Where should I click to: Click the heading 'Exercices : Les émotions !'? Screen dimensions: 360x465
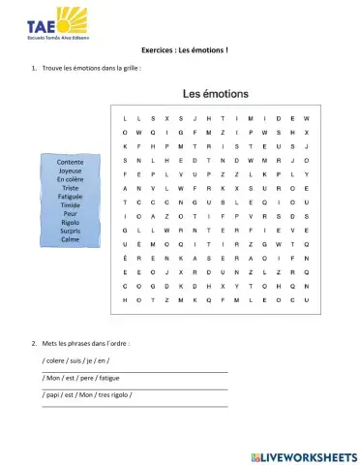click(179, 50)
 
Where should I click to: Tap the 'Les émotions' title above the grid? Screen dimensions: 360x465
click(215, 94)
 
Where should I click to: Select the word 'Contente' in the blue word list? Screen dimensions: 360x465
click(70, 161)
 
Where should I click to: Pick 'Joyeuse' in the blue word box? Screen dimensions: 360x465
click(70, 170)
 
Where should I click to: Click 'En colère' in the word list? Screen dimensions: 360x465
click(70, 179)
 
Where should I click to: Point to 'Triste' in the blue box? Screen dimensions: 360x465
click(70, 188)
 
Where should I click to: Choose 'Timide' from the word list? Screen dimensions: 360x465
click(70, 205)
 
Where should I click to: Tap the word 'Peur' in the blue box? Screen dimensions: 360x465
click(70, 214)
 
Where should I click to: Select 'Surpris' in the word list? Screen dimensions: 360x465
click(70, 232)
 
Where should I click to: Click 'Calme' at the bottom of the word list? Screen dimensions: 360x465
click(70, 240)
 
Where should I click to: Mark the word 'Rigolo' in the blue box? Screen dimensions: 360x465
click(70, 223)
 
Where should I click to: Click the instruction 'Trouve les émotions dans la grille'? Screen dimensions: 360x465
click(93, 68)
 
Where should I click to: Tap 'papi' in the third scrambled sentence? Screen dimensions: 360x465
click(56, 394)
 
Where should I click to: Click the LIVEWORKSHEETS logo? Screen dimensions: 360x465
click(303, 455)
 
